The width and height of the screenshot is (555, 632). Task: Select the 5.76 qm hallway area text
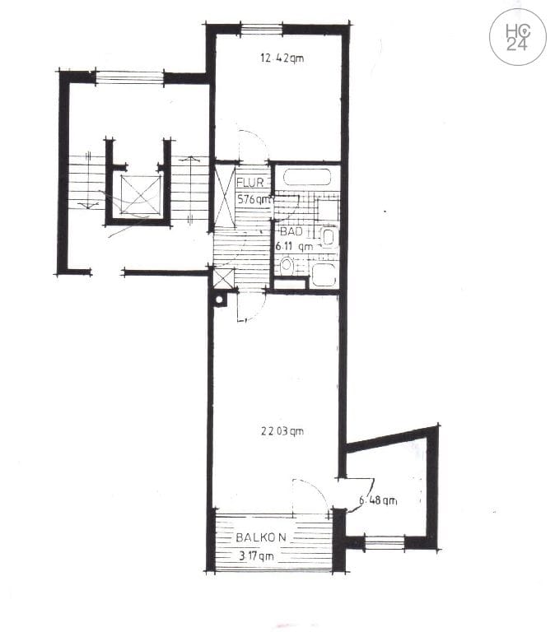click(x=254, y=199)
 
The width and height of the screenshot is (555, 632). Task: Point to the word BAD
click(x=292, y=232)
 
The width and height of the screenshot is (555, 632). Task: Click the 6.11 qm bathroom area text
click(x=293, y=245)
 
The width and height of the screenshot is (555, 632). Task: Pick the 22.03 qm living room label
click(x=282, y=430)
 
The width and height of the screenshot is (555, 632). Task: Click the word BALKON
click(x=261, y=537)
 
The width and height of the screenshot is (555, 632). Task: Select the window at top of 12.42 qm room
click(x=261, y=30)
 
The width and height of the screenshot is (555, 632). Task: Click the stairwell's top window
click(x=130, y=77)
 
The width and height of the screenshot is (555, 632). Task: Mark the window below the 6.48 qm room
click(x=384, y=542)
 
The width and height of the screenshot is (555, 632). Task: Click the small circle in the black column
click(x=219, y=300)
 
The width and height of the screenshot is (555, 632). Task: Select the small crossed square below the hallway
click(x=222, y=277)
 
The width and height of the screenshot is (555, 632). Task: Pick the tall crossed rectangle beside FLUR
click(x=224, y=196)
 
